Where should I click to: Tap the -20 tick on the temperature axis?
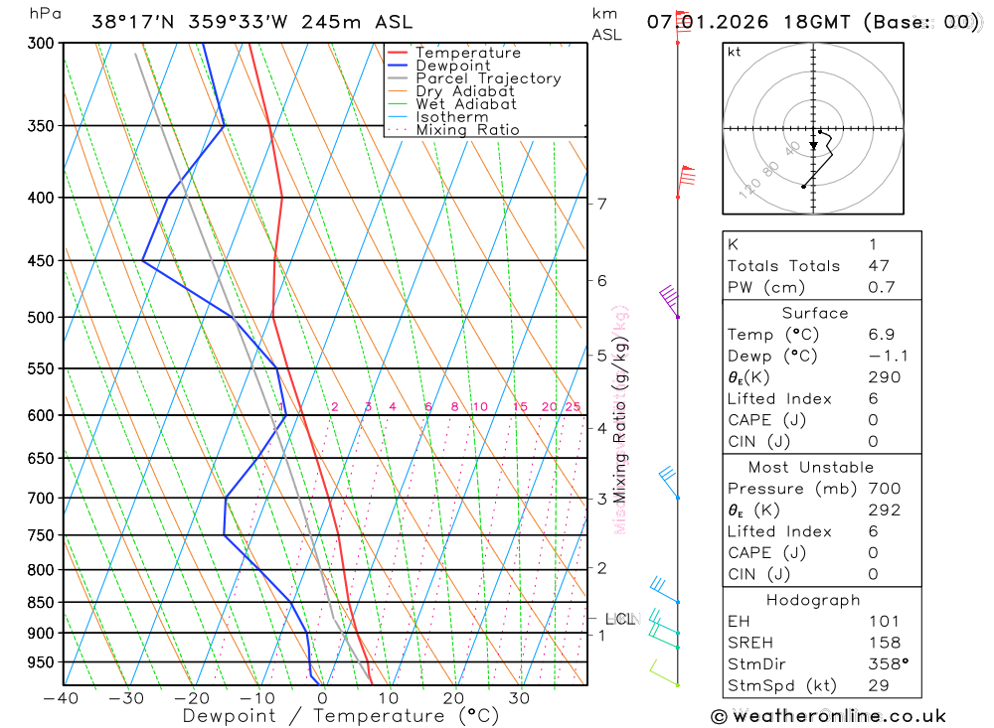click(192, 698)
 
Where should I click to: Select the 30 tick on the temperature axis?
click(519, 698)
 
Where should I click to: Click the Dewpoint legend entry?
click(452, 66)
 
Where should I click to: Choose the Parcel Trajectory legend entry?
click(487, 78)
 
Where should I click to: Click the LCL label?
click(619, 620)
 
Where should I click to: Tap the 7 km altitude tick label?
click(602, 204)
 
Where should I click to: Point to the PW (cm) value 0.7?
click(882, 288)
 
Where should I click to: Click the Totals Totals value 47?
click(879, 266)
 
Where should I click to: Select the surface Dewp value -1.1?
click(888, 357)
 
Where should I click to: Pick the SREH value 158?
click(884, 644)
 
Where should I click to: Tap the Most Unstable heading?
click(811, 468)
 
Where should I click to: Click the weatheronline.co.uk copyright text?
click(828, 716)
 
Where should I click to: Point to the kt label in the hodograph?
click(735, 52)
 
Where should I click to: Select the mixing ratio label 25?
click(573, 407)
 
